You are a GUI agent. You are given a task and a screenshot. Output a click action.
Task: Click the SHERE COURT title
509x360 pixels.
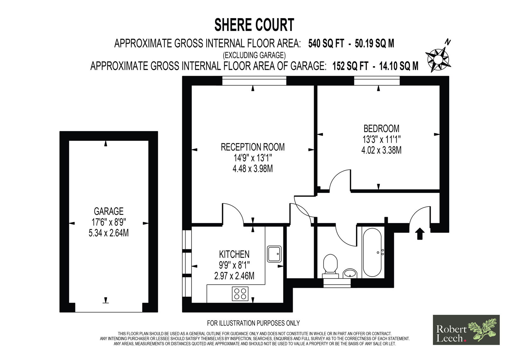[x=254, y=25]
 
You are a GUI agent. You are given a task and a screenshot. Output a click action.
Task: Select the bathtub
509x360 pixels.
[x=372, y=252]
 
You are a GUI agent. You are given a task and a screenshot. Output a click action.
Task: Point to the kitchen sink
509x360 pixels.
[x=274, y=254]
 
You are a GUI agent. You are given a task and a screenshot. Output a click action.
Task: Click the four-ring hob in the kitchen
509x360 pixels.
[x=240, y=293]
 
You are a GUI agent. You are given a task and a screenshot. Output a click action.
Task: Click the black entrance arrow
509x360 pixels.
[x=420, y=234]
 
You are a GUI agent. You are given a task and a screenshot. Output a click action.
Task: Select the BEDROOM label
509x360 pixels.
[x=381, y=129]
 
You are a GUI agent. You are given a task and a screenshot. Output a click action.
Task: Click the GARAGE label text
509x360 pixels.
[x=108, y=211]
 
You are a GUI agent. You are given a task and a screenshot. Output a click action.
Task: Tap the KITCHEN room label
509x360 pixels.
[x=234, y=254]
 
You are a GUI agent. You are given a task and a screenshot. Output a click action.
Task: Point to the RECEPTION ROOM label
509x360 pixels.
[x=253, y=147]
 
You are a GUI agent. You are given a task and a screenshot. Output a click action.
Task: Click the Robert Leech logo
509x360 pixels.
[x=466, y=330]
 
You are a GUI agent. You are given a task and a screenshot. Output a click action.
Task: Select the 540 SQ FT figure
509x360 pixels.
[x=326, y=43]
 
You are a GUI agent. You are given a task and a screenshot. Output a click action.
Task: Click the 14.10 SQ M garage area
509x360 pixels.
[x=399, y=66]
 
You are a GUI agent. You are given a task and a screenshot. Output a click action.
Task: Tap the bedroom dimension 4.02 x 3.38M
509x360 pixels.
[x=381, y=150]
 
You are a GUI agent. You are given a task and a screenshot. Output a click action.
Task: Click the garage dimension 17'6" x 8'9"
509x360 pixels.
[x=108, y=222]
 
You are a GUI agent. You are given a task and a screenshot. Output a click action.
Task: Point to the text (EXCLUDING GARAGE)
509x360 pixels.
[x=254, y=55]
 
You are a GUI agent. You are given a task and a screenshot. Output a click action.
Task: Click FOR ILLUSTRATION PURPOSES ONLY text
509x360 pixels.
[x=253, y=323]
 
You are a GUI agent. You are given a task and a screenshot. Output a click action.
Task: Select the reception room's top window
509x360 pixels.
[x=254, y=81]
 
